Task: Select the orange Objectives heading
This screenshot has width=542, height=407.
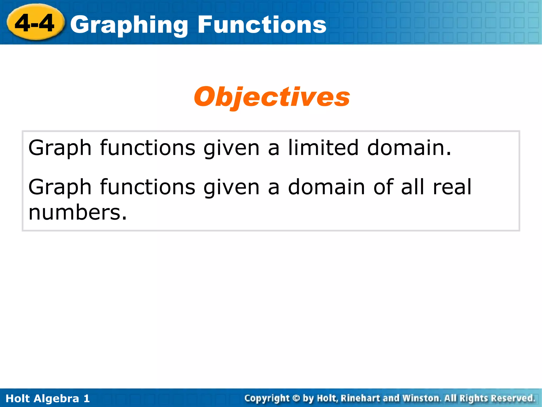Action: [272, 97]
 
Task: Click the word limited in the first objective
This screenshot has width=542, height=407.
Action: [323, 148]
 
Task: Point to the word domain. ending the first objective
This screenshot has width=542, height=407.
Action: [409, 148]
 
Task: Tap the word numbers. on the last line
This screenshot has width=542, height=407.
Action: [78, 213]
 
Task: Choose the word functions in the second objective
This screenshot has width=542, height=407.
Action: [148, 187]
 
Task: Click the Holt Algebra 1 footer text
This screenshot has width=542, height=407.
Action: [48, 399]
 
